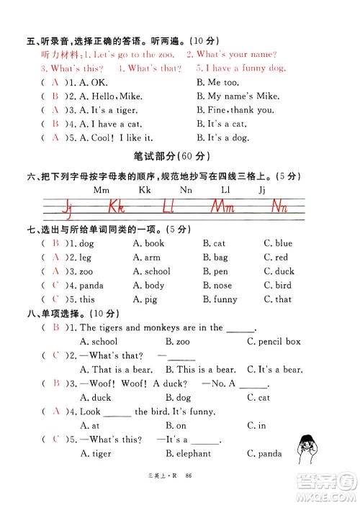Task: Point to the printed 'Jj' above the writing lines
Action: point(261,191)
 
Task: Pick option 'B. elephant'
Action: point(188,453)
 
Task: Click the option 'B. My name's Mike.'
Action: point(233,96)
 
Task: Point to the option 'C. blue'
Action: point(278,244)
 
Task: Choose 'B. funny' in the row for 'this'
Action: point(220,299)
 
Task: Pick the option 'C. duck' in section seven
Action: point(279,271)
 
